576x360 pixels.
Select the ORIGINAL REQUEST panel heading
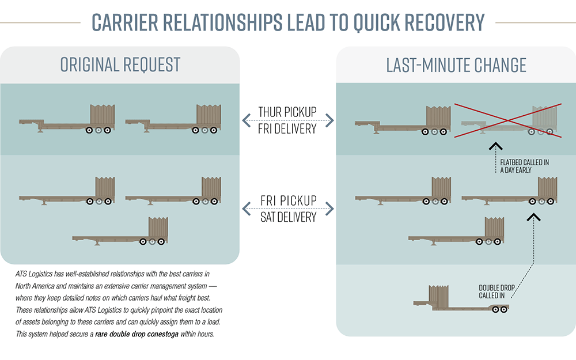(x=120, y=64)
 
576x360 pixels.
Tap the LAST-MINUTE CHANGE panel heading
(x=456, y=65)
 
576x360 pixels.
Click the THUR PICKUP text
(x=287, y=112)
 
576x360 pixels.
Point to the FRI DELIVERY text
(x=287, y=128)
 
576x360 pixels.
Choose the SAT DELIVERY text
(x=287, y=217)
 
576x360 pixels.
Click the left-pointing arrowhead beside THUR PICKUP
(x=245, y=120)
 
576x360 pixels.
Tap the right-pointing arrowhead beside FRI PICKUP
(x=330, y=208)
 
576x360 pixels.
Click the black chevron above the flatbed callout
(x=495, y=146)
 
